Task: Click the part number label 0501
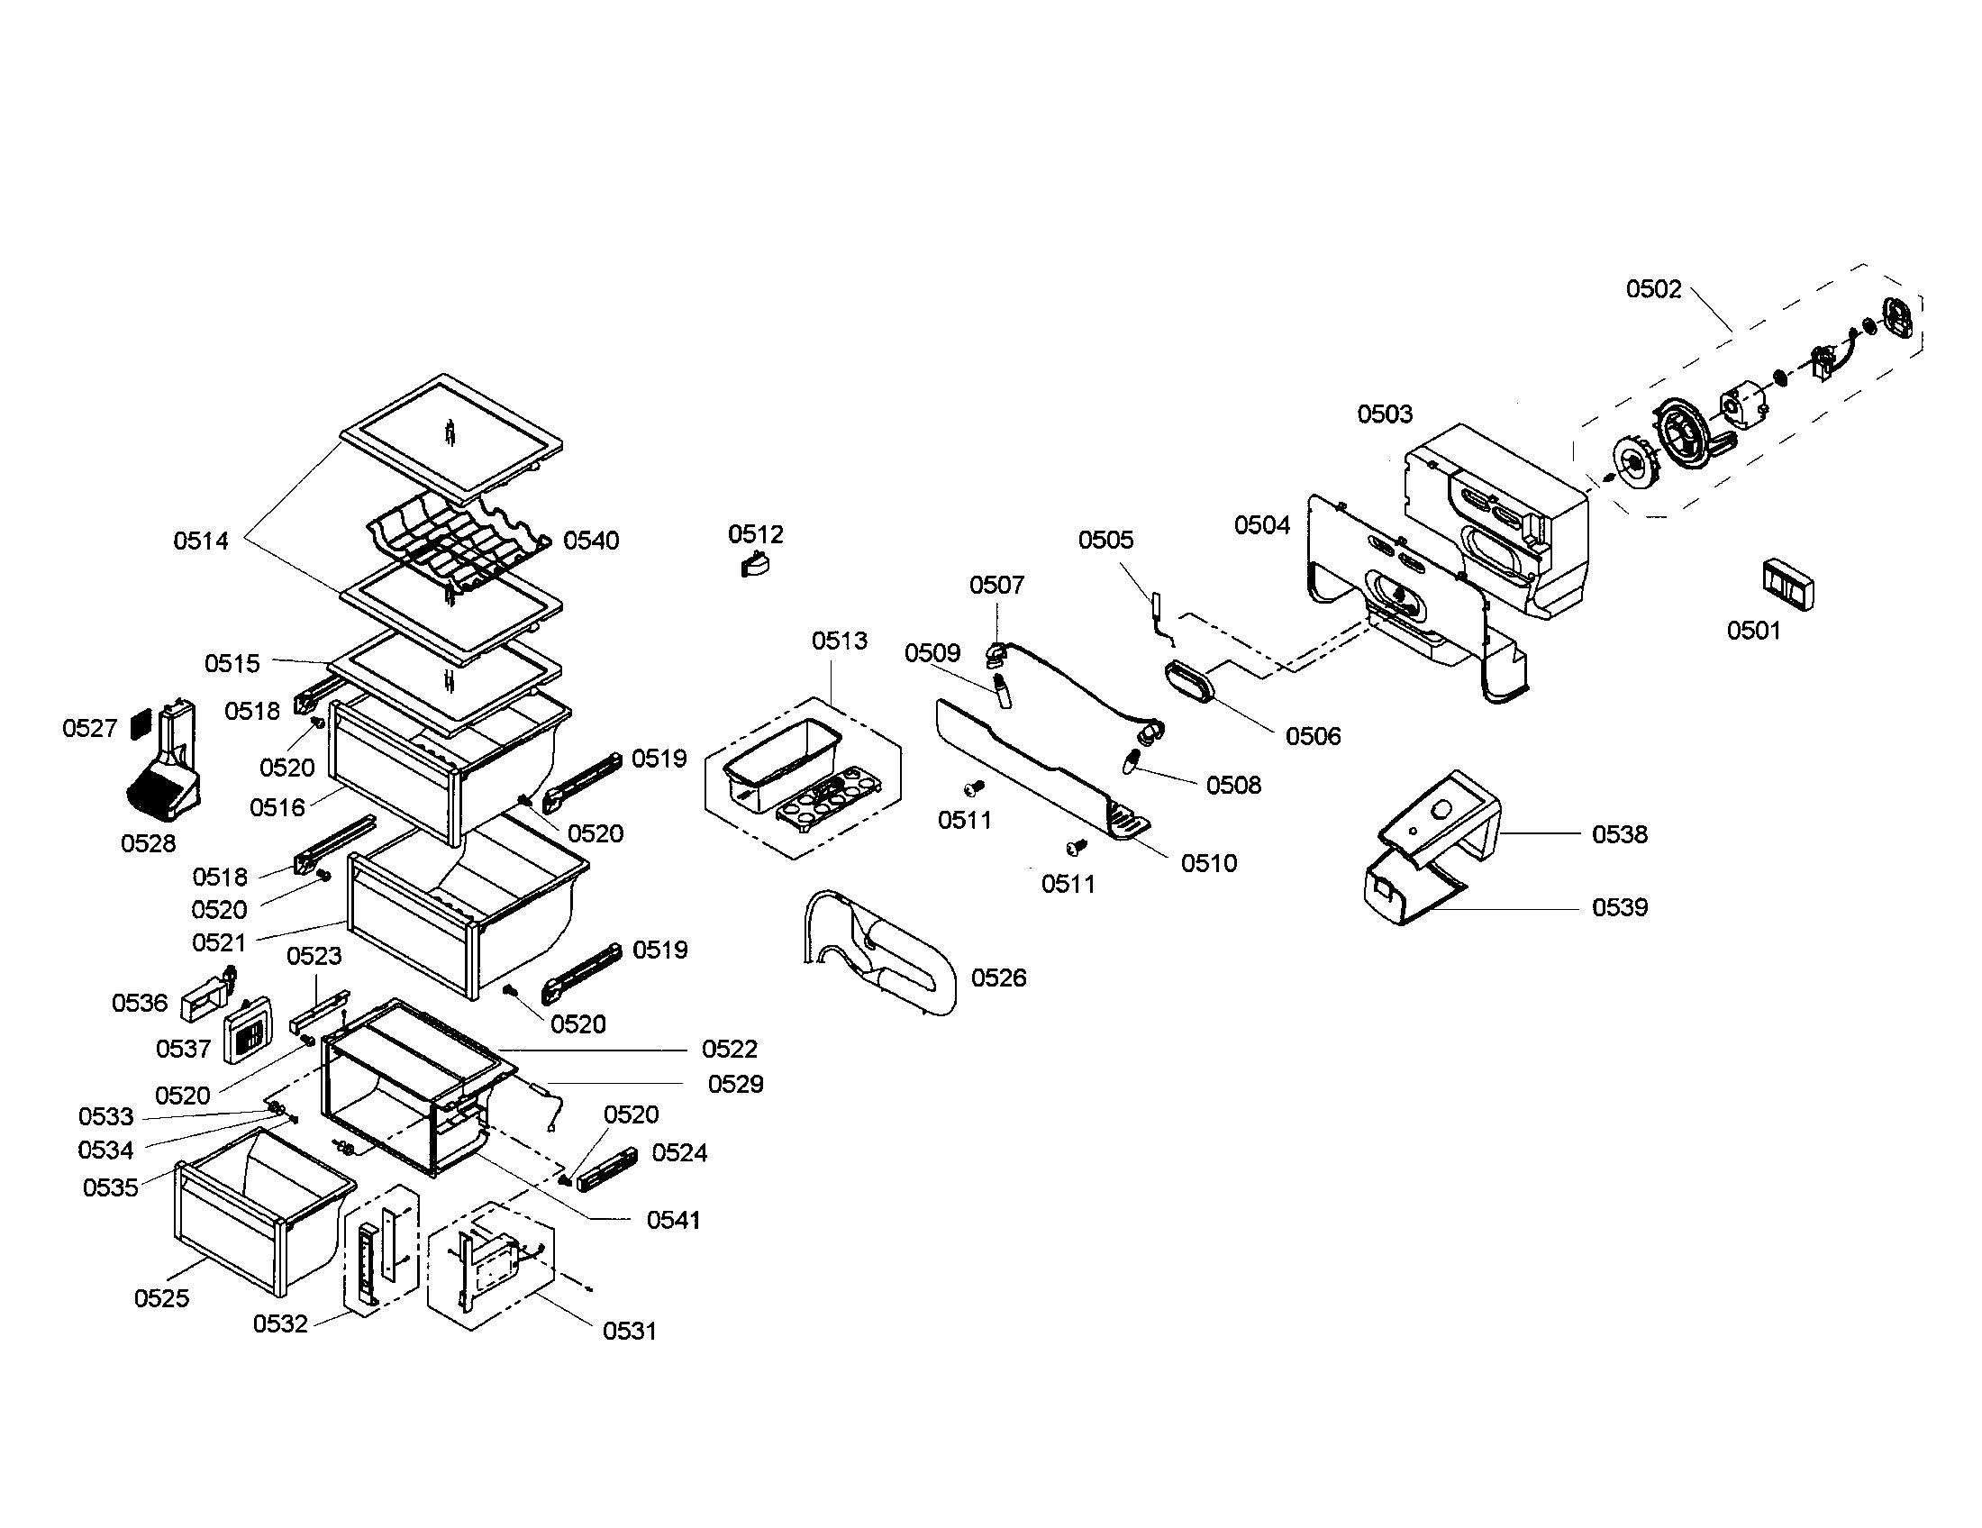1753,631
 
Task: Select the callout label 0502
1653,289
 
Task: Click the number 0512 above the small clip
755,534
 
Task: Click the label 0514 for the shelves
201,541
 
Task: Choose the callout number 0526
998,978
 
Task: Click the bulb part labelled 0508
1132,760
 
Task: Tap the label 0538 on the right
1619,835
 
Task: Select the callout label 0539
1619,907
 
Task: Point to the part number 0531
629,1331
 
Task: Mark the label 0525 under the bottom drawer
161,1298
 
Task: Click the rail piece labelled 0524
608,1167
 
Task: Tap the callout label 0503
1385,414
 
